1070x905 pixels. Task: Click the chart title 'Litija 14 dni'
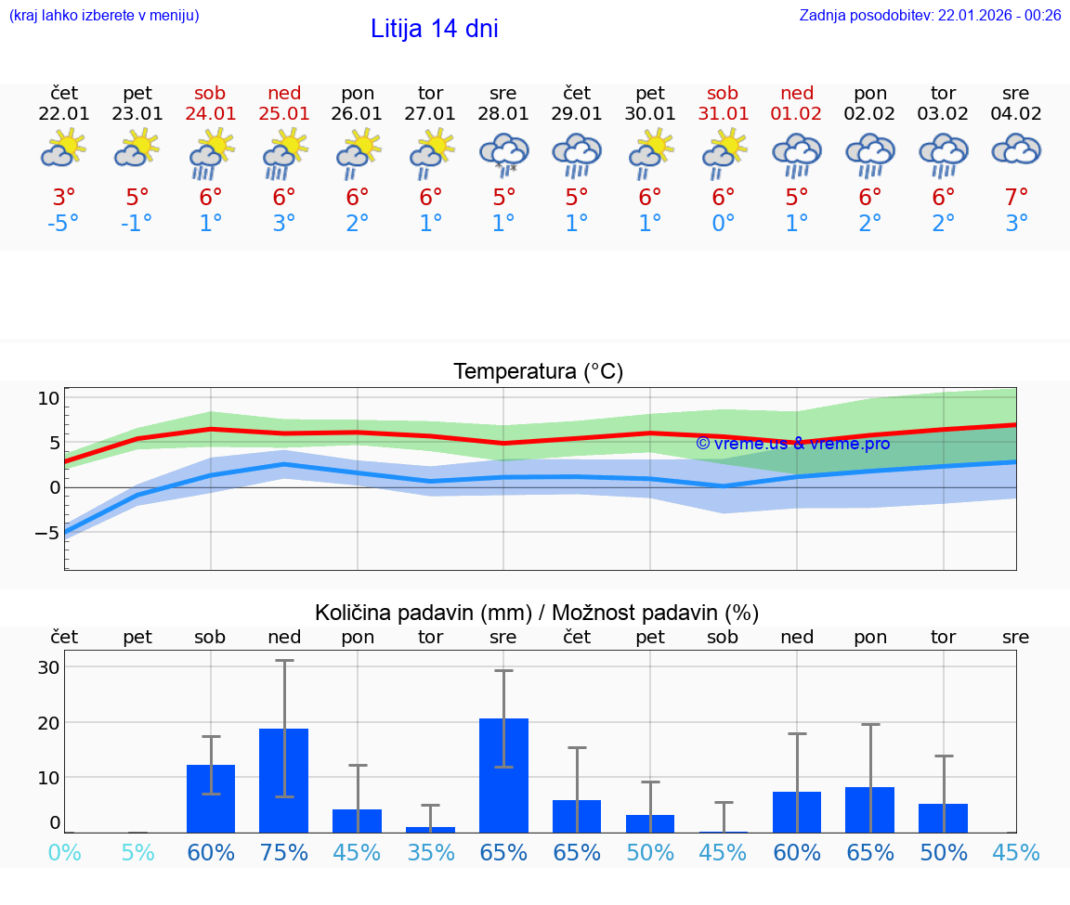pos(434,29)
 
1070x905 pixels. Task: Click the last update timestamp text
pos(930,15)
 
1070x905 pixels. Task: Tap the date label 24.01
pos(211,114)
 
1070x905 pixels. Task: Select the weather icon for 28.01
pos(503,154)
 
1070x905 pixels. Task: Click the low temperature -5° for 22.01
pos(64,224)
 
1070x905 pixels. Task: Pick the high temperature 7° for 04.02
pos(1017,198)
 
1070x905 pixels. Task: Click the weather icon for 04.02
pos(1016,150)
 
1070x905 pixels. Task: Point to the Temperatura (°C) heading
pos(538,372)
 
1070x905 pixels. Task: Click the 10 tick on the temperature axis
pos(48,398)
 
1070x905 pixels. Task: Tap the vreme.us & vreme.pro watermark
pos(792,444)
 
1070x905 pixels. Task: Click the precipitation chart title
pos(537,613)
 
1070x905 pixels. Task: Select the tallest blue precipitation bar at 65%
pos(503,775)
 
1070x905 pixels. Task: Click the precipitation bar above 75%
pos(283,780)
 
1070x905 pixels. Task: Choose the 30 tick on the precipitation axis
pos(48,667)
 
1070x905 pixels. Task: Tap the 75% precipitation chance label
pos(283,852)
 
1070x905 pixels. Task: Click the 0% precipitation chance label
pos(64,852)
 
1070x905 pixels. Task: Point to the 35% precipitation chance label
pos(430,852)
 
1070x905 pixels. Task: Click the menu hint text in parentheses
pos(104,15)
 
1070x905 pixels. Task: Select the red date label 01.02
pos(797,114)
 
